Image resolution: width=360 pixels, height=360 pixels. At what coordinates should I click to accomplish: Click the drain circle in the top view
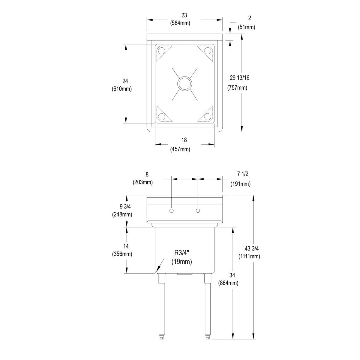tap(184, 83)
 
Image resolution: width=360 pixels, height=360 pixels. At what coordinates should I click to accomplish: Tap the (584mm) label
tap(180, 23)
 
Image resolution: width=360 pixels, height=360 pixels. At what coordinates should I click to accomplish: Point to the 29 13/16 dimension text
tap(239, 78)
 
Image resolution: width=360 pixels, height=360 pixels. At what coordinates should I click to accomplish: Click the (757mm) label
tap(237, 88)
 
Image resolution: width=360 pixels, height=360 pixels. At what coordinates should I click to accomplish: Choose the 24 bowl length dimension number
tap(125, 81)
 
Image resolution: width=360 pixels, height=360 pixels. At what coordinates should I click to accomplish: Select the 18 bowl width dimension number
tap(184, 140)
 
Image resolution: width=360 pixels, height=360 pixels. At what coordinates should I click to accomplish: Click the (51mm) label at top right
tap(246, 27)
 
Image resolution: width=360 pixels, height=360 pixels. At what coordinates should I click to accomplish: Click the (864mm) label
tap(228, 283)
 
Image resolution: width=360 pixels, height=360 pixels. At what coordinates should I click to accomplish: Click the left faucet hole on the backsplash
tap(171, 211)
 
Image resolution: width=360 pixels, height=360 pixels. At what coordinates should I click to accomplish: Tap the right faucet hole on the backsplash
tap(198, 211)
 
